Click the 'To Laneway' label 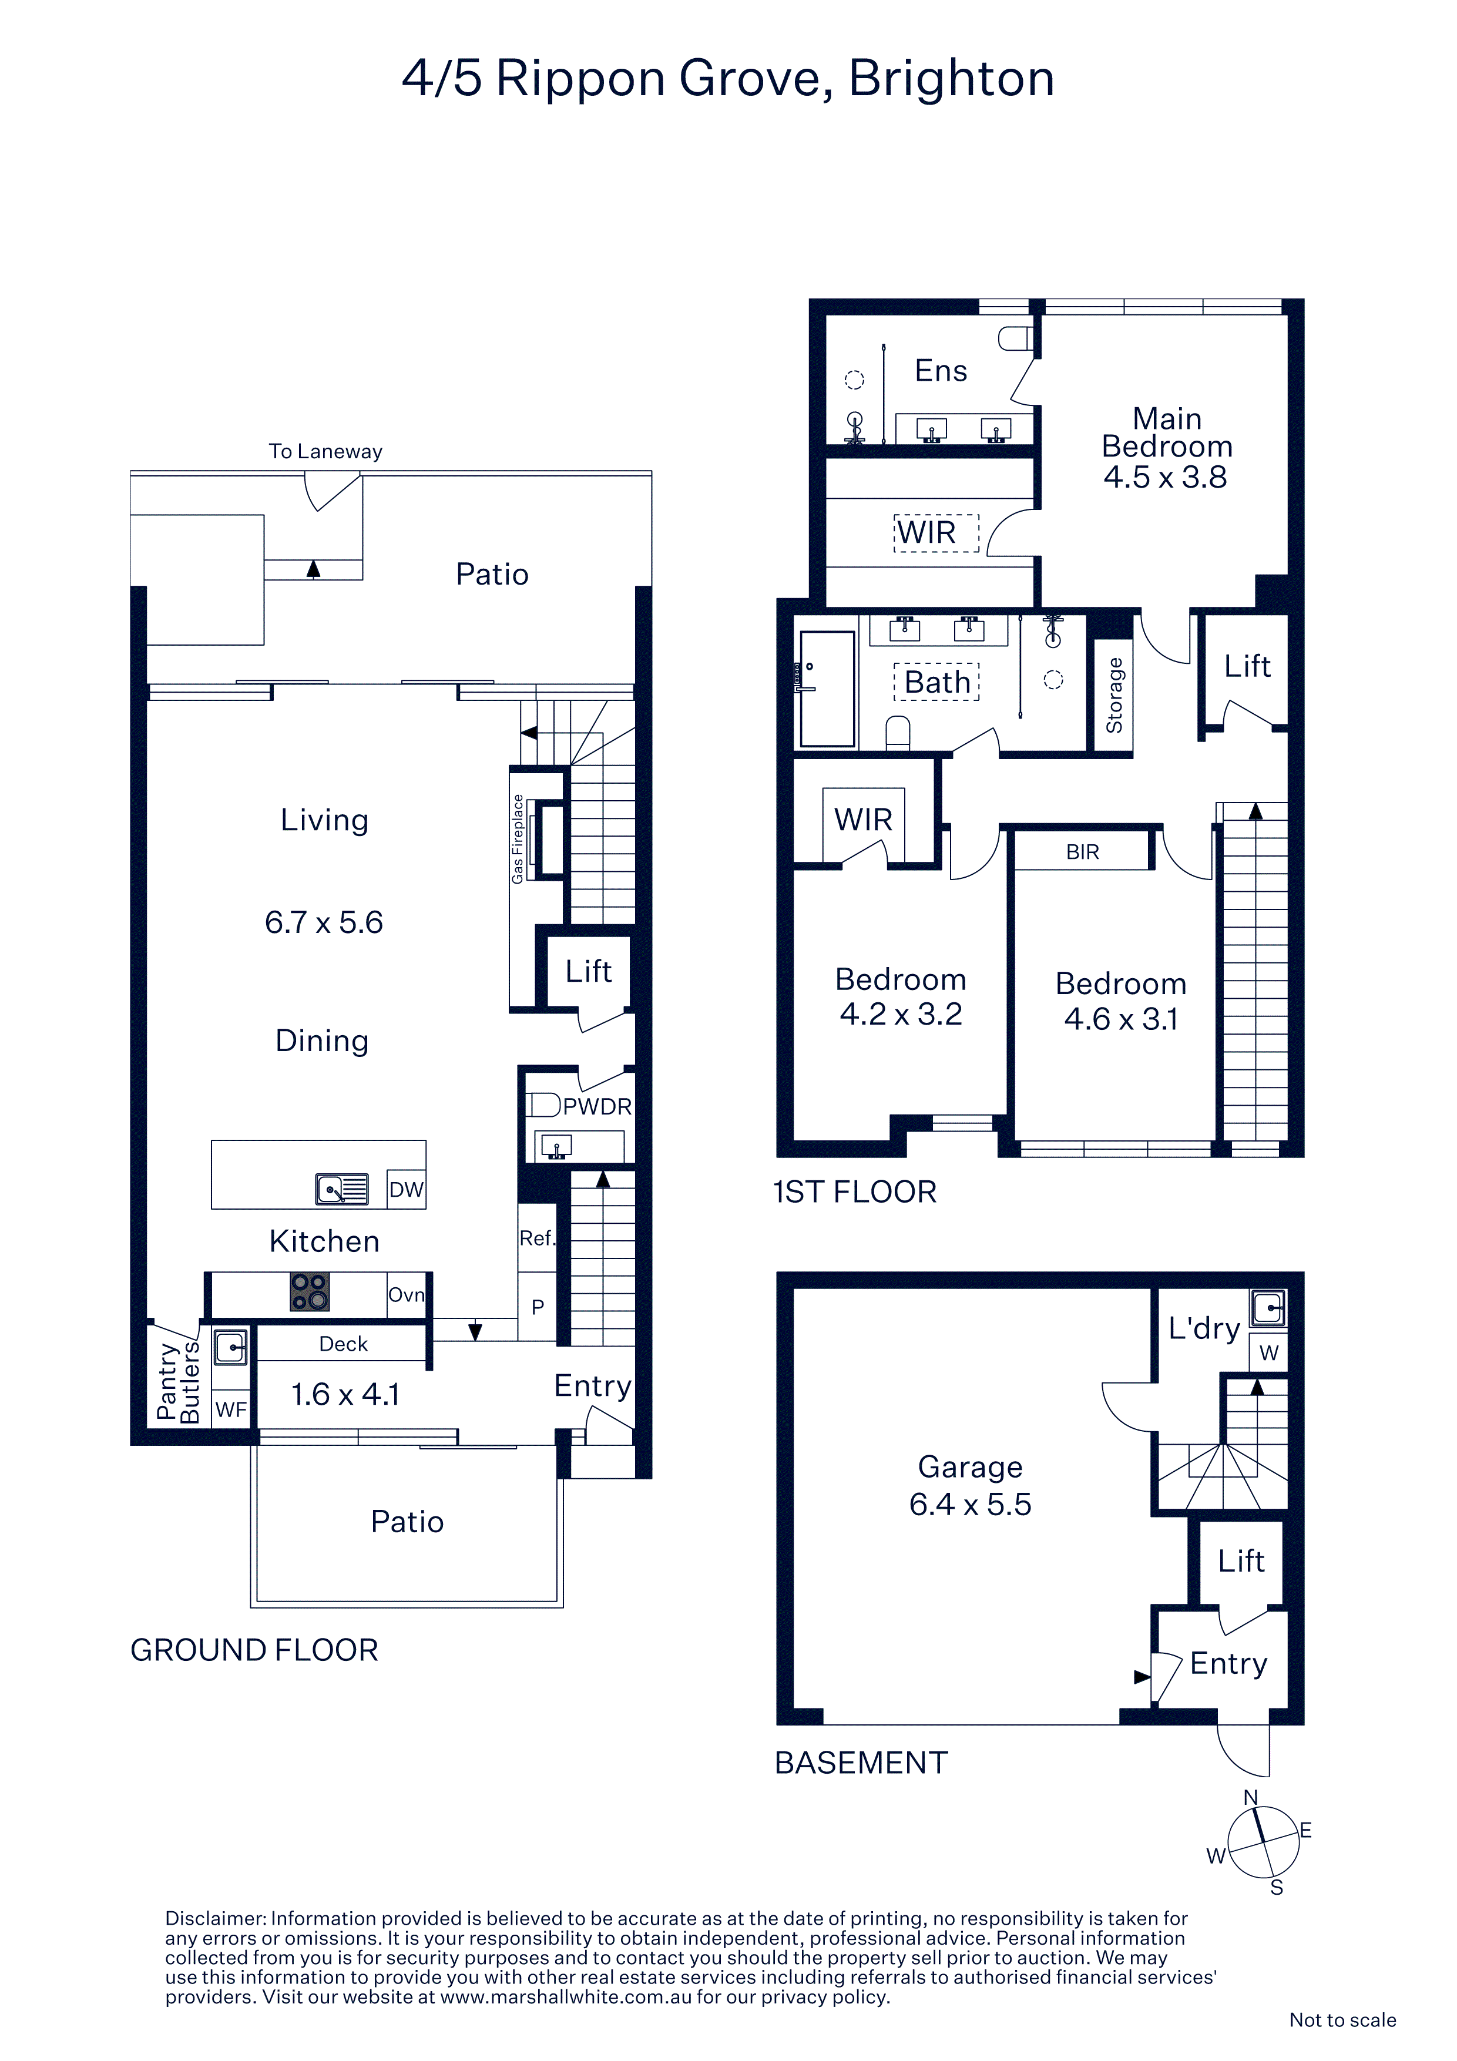326,452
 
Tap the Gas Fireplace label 518,838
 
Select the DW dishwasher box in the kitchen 406,1189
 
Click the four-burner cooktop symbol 310,1293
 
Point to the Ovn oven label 406,1295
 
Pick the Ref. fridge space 537,1238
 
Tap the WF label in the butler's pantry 231,1409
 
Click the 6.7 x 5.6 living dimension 324,923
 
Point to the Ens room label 941,371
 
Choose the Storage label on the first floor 1114,696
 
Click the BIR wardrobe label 1083,852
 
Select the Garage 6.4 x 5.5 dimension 971,1503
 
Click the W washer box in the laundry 1268,1353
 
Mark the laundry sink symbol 1268,1308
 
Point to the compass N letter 1251,1798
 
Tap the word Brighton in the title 952,79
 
